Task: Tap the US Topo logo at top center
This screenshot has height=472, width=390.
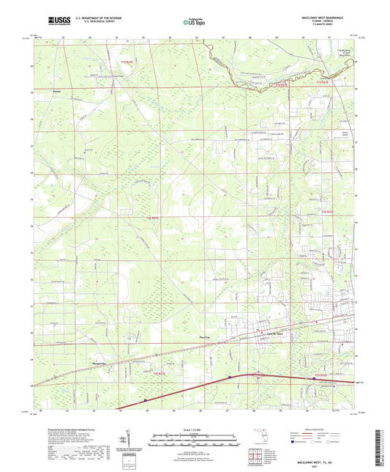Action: pyautogui.click(x=193, y=22)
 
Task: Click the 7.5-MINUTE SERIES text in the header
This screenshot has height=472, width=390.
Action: pyautogui.click(x=335, y=26)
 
